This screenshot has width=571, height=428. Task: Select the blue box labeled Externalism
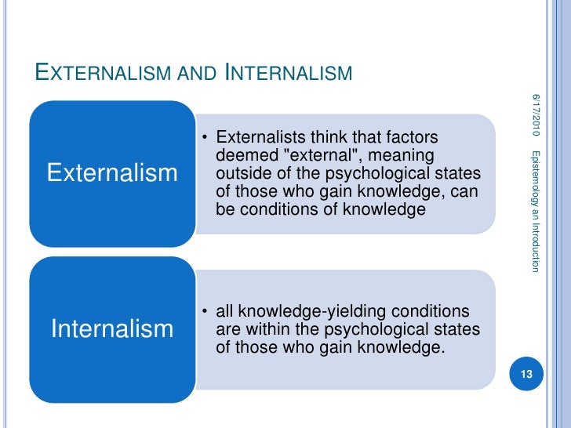pos(112,172)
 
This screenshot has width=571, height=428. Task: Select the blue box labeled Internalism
pos(112,328)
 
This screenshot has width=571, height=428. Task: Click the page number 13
pos(526,375)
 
